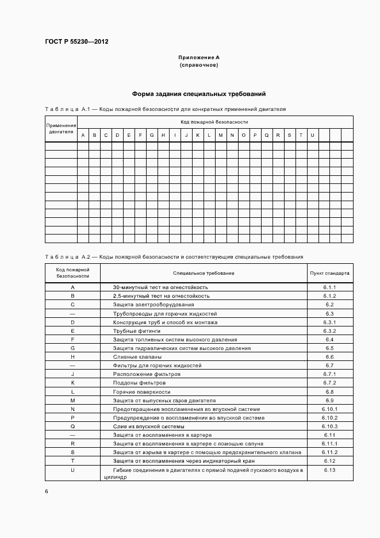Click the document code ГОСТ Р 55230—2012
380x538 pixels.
(76, 42)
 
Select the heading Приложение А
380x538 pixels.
(199, 57)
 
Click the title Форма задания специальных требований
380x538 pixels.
(199, 94)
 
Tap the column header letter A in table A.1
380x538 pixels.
(83, 135)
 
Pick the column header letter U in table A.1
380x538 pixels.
(312, 135)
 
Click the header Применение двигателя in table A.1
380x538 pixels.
(61, 128)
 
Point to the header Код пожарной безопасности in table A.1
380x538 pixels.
(214, 122)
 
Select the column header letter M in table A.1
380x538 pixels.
(221, 135)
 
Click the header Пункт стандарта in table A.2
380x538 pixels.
(329, 273)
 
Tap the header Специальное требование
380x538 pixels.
(204, 273)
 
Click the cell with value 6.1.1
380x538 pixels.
(329, 287)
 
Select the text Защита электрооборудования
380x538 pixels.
(153, 304)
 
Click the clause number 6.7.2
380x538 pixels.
(329, 383)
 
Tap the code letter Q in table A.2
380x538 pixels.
(72, 426)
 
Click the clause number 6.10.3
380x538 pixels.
(329, 426)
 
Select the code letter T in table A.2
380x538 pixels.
(72, 461)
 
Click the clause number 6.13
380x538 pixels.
(329, 470)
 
